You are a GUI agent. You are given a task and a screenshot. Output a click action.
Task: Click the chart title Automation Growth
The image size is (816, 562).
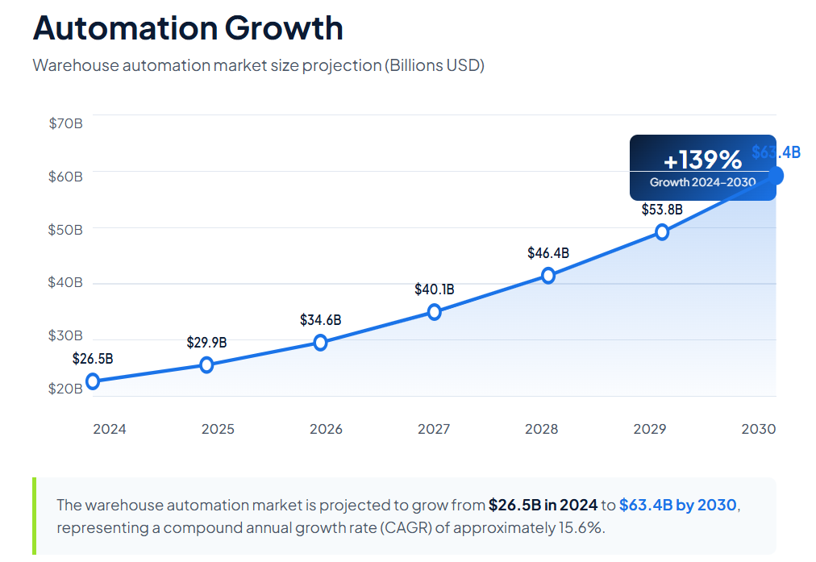click(188, 28)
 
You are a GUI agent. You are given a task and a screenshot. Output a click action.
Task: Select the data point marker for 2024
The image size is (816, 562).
click(93, 381)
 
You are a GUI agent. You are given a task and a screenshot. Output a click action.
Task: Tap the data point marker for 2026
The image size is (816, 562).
click(320, 343)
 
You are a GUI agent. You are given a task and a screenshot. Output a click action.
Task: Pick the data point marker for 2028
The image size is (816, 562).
click(548, 276)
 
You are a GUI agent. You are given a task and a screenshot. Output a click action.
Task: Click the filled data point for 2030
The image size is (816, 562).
click(776, 175)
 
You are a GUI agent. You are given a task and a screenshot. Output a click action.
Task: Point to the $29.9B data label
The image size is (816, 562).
click(206, 343)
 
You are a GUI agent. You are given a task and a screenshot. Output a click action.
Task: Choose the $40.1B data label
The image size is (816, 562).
click(435, 289)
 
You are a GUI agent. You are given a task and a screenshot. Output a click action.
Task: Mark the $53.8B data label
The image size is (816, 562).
click(662, 210)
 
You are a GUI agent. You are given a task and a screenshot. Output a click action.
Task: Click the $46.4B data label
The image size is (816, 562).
click(548, 253)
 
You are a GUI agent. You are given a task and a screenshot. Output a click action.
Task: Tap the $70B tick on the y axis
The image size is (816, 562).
click(65, 123)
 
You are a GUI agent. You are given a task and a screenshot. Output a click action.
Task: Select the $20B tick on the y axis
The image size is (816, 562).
click(65, 389)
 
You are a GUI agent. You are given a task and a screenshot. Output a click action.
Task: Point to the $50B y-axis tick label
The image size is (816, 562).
click(65, 230)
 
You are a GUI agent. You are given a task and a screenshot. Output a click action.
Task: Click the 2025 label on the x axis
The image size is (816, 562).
click(218, 429)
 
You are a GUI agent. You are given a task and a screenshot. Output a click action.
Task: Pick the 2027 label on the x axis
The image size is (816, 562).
click(434, 429)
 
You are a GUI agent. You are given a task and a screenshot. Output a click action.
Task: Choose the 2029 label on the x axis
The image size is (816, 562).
click(650, 429)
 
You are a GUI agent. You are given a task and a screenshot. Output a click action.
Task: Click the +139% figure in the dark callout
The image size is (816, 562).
click(702, 159)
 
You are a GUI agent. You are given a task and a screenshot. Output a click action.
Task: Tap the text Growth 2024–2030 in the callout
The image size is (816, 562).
click(702, 182)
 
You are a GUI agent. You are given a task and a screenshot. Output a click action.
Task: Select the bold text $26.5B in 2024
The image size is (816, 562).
click(543, 506)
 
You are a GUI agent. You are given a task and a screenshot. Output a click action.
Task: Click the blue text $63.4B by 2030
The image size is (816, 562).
click(677, 506)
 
